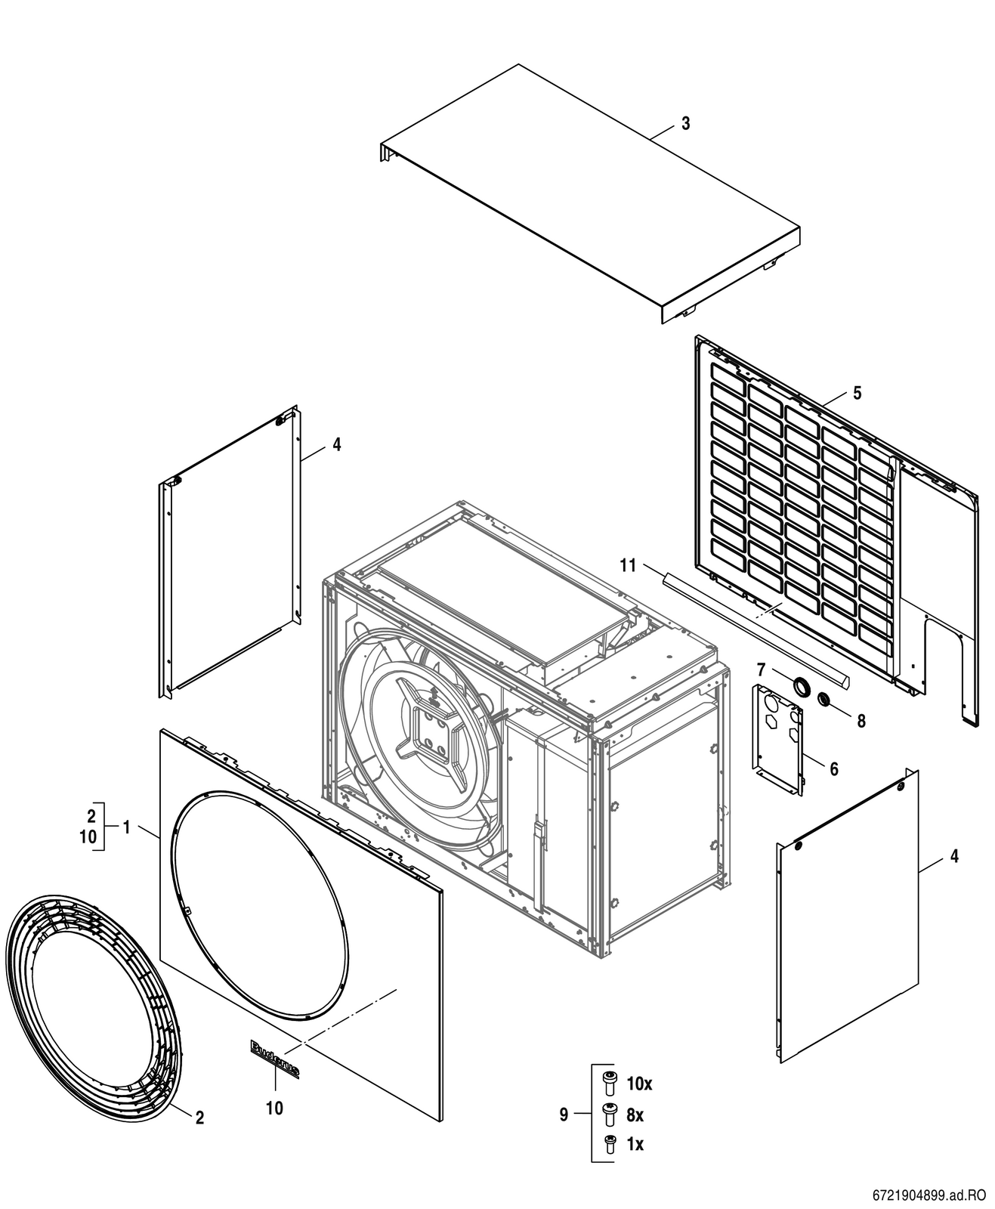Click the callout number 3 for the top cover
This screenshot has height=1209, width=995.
pyautogui.click(x=686, y=123)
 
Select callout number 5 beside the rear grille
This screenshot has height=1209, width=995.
pyautogui.click(x=857, y=393)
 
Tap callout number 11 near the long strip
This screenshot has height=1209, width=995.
pyautogui.click(x=629, y=565)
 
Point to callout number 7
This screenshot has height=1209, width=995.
pyautogui.click(x=761, y=668)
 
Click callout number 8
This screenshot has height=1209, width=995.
pyautogui.click(x=861, y=721)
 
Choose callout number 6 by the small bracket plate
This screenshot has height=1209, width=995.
pyautogui.click(x=834, y=769)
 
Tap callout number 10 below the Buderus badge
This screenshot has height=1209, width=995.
pyautogui.click(x=274, y=1108)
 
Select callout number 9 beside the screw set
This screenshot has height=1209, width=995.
pyautogui.click(x=564, y=1115)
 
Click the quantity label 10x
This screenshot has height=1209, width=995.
pyautogui.click(x=640, y=1084)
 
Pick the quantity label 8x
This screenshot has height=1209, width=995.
pyautogui.click(x=635, y=1115)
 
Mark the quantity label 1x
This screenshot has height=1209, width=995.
pyautogui.click(x=635, y=1144)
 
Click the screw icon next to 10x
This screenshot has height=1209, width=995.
pyautogui.click(x=609, y=1084)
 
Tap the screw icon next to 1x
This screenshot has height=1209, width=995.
pyautogui.click(x=609, y=1145)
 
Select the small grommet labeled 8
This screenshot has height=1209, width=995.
pyautogui.click(x=825, y=699)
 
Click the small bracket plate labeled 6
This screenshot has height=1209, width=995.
pyautogui.click(x=778, y=740)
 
